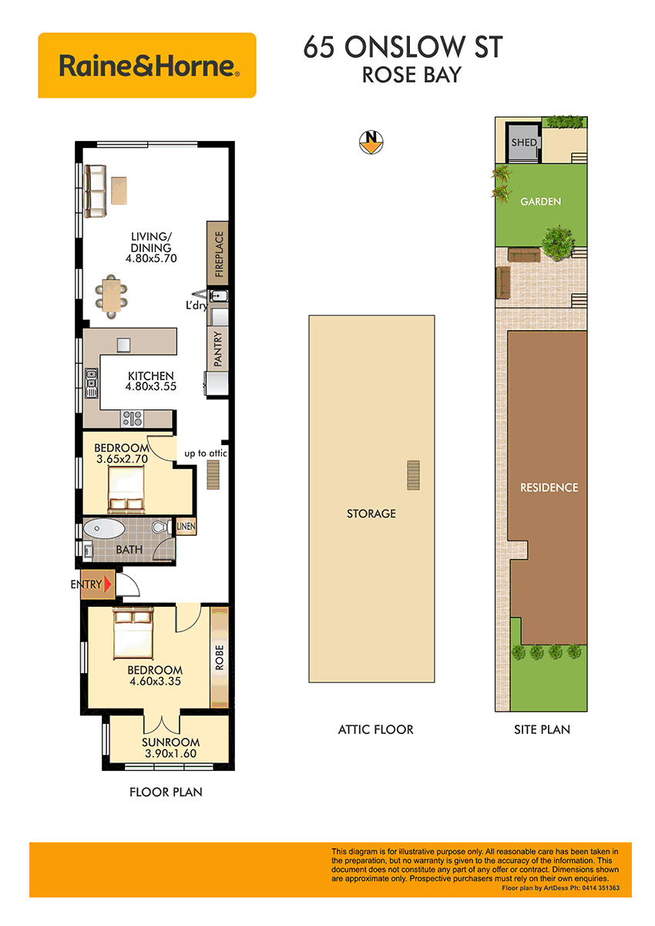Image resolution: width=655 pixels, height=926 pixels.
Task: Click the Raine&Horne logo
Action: [x=146, y=66]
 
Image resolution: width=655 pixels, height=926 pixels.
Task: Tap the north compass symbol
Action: [x=371, y=142]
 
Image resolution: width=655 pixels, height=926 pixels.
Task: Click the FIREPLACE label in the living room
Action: [x=219, y=254]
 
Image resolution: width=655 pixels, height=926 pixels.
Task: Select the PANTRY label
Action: [x=218, y=349]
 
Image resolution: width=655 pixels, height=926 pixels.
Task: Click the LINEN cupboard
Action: [x=186, y=527]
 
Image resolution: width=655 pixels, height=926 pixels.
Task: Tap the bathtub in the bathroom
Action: [x=104, y=528]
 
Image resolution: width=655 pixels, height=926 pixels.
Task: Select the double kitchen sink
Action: [x=91, y=383]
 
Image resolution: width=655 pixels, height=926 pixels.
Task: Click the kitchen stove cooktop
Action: [x=132, y=419]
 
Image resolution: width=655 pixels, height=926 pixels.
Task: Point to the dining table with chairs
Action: [x=111, y=296]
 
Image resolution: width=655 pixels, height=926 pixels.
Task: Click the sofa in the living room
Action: [x=95, y=191]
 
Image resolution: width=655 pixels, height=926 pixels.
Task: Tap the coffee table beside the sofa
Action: [x=119, y=190]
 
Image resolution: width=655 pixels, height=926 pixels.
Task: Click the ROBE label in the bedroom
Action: [x=219, y=657]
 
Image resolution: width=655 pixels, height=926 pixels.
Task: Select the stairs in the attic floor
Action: [x=413, y=476]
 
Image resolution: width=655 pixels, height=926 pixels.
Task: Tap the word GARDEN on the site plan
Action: [x=540, y=201]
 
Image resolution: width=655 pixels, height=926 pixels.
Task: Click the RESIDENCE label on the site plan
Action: [x=549, y=487]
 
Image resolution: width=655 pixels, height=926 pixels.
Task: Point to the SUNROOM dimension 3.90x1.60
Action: [x=170, y=753]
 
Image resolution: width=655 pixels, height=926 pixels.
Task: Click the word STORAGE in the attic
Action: [x=371, y=514]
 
